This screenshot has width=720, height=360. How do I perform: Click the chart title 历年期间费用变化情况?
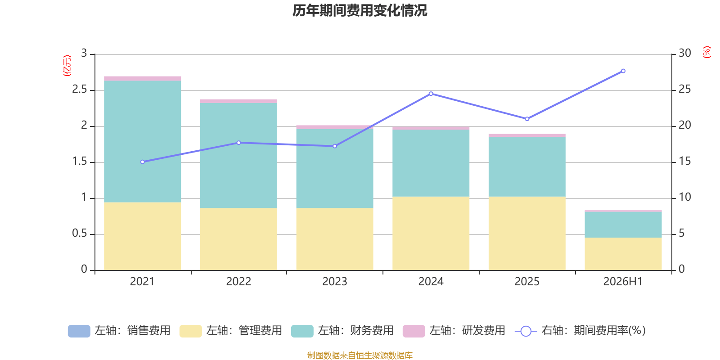tap(360, 11)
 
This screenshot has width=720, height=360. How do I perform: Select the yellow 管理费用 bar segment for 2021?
tap(142, 236)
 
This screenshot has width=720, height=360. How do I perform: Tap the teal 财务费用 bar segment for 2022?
tap(238, 156)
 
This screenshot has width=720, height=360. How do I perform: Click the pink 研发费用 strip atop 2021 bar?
tap(142, 78)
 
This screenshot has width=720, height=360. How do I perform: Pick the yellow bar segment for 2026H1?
tap(623, 254)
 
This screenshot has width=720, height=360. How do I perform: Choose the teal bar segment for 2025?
tap(527, 167)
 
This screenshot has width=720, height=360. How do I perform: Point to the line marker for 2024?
tap(431, 94)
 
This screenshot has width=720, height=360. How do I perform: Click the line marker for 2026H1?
tap(623, 71)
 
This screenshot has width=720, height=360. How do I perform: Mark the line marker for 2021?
tap(143, 162)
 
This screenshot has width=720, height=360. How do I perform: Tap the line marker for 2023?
tap(335, 146)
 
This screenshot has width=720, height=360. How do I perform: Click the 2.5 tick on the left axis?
tap(80, 90)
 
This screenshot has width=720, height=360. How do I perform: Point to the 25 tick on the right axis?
tap(684, 90)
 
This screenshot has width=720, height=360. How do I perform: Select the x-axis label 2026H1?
tap(623, 282)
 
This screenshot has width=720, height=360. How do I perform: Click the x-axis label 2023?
tap(335, 282)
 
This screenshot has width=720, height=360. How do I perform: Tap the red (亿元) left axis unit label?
tap(67, 66)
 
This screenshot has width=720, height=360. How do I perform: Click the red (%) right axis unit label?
tap(706, 52)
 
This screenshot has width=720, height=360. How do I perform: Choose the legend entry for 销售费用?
tap(119, 331)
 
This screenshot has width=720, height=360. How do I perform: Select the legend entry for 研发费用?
tap(454, 331)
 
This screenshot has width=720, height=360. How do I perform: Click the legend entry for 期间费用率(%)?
tap(580, 331)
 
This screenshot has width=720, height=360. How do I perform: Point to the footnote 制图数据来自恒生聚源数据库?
tap(360, 355)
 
